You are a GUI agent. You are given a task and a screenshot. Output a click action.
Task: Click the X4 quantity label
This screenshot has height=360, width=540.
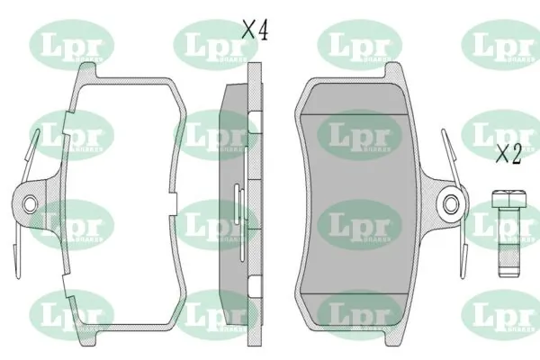[256, 30]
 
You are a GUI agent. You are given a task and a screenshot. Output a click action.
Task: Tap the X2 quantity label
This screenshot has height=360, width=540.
[509, 154]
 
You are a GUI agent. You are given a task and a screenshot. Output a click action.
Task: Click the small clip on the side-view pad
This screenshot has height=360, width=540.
[236, 202]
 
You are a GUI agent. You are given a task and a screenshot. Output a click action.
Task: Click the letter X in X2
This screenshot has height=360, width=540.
[502, 154]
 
